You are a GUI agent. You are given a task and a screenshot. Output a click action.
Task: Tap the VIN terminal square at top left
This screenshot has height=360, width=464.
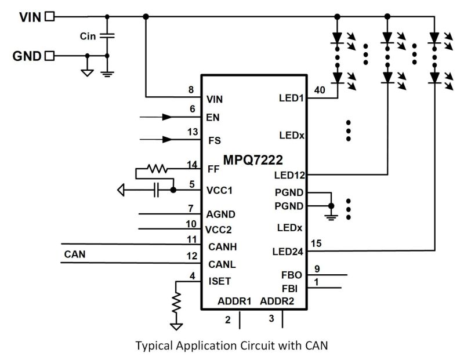[x=50, y=16]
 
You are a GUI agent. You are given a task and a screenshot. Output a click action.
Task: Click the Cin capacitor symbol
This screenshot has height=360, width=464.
[x=107, y=36]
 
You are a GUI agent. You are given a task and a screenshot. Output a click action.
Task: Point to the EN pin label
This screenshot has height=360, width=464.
[x=213, y=117]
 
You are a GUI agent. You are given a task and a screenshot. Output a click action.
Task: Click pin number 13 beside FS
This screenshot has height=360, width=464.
[x=192, y=132]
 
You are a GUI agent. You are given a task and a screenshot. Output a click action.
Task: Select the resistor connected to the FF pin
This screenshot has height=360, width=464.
[x=157, y=169]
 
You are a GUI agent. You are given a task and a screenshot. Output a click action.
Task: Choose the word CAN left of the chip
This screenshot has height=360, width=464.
[x=75, y=254]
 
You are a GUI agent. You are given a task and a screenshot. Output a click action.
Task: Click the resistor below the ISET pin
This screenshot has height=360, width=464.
[x=176, y=301]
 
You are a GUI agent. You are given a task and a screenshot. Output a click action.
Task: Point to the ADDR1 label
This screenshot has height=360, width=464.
[x=234, y=301]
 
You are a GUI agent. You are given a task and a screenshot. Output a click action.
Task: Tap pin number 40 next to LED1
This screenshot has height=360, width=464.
[x=319, y=90]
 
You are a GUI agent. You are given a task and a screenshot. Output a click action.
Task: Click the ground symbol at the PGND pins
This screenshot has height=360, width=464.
[x=331, y=214]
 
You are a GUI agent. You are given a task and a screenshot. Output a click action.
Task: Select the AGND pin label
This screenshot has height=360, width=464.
[x=221, y=214]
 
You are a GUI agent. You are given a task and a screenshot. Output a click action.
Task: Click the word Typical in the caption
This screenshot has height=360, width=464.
[x=154, y=346]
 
